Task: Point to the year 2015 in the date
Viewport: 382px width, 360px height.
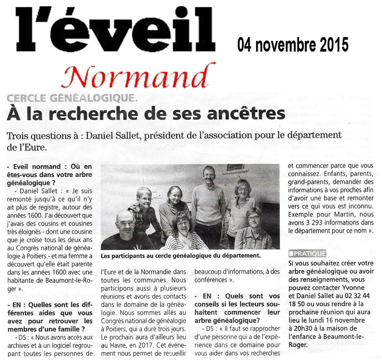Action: pos(333,45)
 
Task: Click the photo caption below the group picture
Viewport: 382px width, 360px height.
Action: pos(181,256)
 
